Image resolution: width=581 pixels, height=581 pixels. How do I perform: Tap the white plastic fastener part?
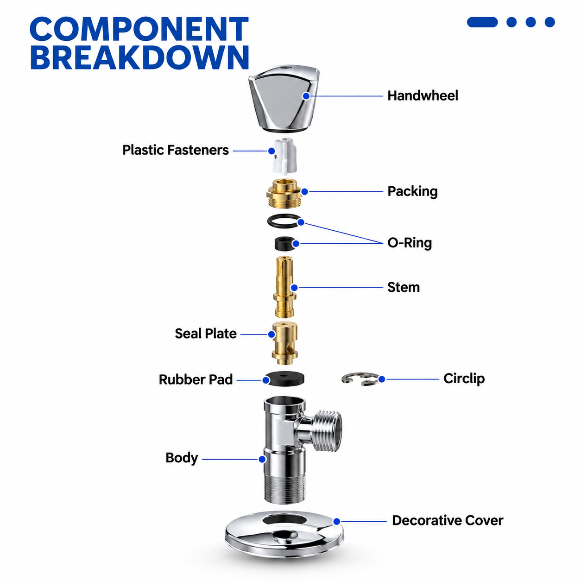[284, 156]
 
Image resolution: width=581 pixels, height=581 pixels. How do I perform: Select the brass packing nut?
[284, 193]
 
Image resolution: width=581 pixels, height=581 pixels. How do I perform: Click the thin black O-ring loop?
[284, 221]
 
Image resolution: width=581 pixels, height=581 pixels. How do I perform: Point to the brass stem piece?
[284, 287]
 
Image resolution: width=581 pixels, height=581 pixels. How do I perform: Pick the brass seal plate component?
[284, 343]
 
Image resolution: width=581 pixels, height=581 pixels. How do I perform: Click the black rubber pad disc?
[284, 379]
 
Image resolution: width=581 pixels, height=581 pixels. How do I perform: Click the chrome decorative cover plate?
[284, 543]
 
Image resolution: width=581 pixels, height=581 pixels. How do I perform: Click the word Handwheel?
[423, 95]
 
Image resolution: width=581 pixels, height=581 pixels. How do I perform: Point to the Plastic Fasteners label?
[176, 150]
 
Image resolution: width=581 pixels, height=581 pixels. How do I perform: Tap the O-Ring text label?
[410, 243]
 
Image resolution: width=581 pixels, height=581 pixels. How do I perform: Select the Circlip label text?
[464, 379]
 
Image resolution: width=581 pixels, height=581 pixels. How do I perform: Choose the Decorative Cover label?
[448, 521]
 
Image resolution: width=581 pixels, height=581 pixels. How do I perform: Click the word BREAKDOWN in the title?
[139, 57]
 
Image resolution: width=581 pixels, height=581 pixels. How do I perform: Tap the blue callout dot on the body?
[262, 459]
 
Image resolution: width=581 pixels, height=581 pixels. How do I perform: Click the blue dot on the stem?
[294, 288]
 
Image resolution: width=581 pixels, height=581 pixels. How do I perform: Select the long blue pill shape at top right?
[482, 22]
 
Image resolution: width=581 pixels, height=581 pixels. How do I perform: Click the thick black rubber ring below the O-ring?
[285, 244]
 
